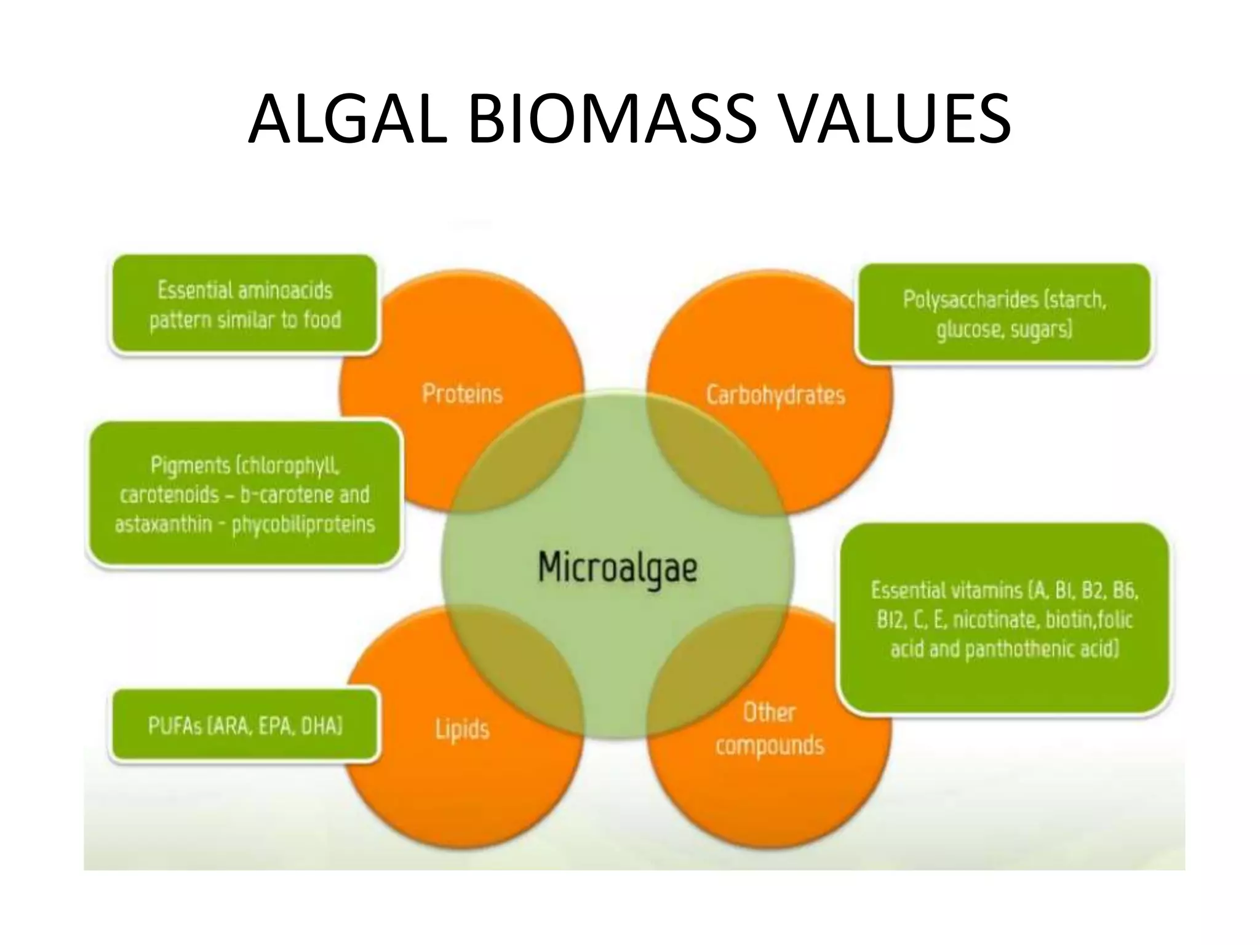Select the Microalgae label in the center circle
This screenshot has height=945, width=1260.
[617, 567]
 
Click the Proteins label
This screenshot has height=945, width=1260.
[462, 394]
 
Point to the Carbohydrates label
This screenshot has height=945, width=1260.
[775, 394]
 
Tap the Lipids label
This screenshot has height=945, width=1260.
[462, 729]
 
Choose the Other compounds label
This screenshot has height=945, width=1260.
[769, 729]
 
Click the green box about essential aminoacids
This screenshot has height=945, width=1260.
[244, 305]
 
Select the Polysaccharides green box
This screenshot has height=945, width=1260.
[1004, 314]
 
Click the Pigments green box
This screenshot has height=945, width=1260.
[244, 494]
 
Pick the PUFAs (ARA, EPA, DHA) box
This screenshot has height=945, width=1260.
[244, 726]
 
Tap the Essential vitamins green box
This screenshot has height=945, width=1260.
[1004, 619]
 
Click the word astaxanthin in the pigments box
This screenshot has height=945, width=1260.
[163, 524]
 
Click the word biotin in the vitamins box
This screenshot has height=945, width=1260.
[1065, 620]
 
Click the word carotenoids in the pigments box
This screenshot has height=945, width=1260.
[169, 495]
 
